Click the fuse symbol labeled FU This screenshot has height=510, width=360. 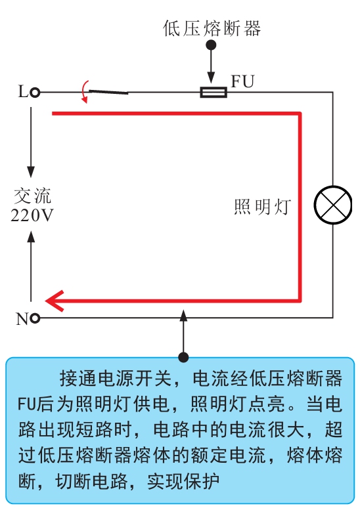click(214, 93)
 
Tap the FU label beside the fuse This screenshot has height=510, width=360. click(242, 81)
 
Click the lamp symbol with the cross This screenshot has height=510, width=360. click(333, 205)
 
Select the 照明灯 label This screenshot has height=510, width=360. click(262, 207)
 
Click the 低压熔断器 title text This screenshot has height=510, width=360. click(212, 28)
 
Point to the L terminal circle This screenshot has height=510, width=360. click(35, 93)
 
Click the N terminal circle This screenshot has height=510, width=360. click(35, 318)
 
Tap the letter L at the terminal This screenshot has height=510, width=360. click(23, 92)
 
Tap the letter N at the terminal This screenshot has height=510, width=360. click(23, 319)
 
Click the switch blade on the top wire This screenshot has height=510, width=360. click(108, 92)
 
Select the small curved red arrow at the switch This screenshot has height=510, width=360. click(85, 92)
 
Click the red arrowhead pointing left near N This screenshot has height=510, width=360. click(55, 301)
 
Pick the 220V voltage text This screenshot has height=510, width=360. click(32, 215)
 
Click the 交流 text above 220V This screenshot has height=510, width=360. click(32, 196)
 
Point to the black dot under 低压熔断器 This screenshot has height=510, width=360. click(212, 45)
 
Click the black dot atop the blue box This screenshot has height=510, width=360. click(183, 357)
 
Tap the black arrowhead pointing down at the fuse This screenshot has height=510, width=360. click(211, 78)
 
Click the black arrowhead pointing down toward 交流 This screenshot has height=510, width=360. click(31, 171)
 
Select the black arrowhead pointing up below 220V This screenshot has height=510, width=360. click(31, 236)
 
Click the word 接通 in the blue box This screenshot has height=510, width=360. click(78, 378)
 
